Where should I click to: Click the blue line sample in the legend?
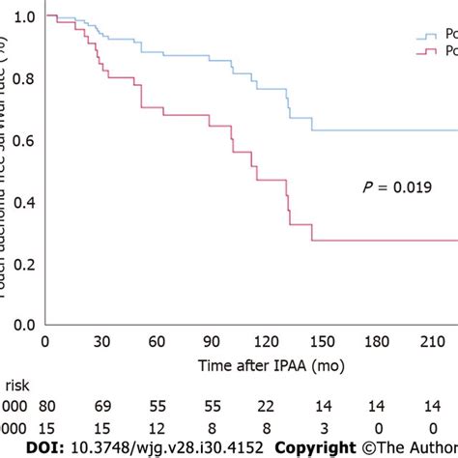click(x=426, y=37)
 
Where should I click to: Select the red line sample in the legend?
click(x=426, y=51)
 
